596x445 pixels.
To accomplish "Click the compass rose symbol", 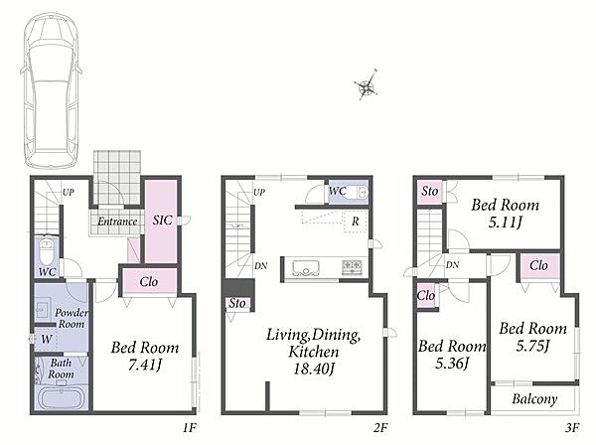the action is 366,86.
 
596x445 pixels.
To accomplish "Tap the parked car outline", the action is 51,90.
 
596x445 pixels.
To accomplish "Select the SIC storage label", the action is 162,221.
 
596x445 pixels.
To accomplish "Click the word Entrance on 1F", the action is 117,222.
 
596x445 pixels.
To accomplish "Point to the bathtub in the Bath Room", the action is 62,397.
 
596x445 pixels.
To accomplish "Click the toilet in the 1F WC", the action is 47,252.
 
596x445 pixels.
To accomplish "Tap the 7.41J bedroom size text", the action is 145,366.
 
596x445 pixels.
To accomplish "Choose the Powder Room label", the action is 72,318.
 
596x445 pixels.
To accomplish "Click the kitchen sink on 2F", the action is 306,267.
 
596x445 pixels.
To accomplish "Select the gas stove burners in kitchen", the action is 354,266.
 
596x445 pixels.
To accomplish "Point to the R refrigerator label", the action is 355,222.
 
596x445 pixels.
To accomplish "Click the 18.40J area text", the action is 314,369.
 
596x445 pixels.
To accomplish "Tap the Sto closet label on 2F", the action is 237,303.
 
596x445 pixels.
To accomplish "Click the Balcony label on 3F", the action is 534,399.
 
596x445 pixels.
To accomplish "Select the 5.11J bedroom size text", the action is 506,222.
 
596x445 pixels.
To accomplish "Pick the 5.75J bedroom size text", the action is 532,346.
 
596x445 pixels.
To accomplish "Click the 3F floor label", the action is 572,428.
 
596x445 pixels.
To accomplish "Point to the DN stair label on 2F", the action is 260,266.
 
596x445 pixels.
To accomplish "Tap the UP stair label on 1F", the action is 69,193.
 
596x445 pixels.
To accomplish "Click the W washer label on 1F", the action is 47,339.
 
